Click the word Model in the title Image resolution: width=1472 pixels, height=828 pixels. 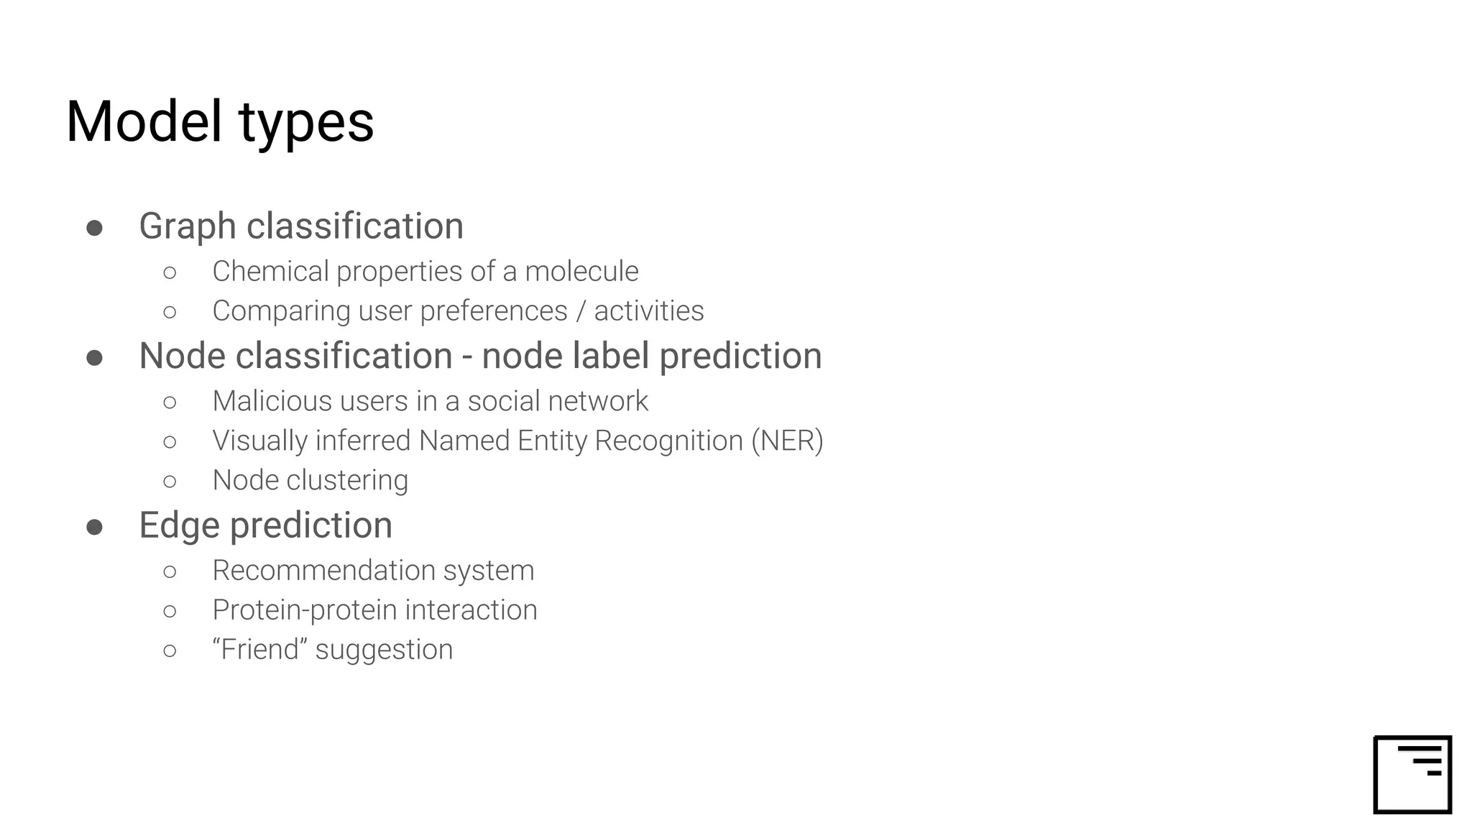(x=144, y=121)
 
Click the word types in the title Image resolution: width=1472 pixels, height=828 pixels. (x=306, y=124)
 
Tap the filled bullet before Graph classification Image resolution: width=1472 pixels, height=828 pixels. (x=94, y=228)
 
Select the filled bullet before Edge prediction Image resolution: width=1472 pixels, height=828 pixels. (x=94, y=527)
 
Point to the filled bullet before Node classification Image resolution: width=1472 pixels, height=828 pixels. (x=94, y=357)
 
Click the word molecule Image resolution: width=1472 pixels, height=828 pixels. (x=581, y=272)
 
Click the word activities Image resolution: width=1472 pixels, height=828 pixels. (x=648, y=311)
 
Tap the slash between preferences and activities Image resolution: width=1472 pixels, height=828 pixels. (x=581, y=311)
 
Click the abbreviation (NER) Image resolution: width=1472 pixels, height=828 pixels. (x=787, y=441)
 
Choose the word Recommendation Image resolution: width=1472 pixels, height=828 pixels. (x=323, y=571)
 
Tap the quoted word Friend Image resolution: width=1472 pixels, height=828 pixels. (x=259, y=649)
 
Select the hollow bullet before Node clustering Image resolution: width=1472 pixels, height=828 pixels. (x=170, y=481)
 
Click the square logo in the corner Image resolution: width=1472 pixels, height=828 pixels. (x=1412, y=774)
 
